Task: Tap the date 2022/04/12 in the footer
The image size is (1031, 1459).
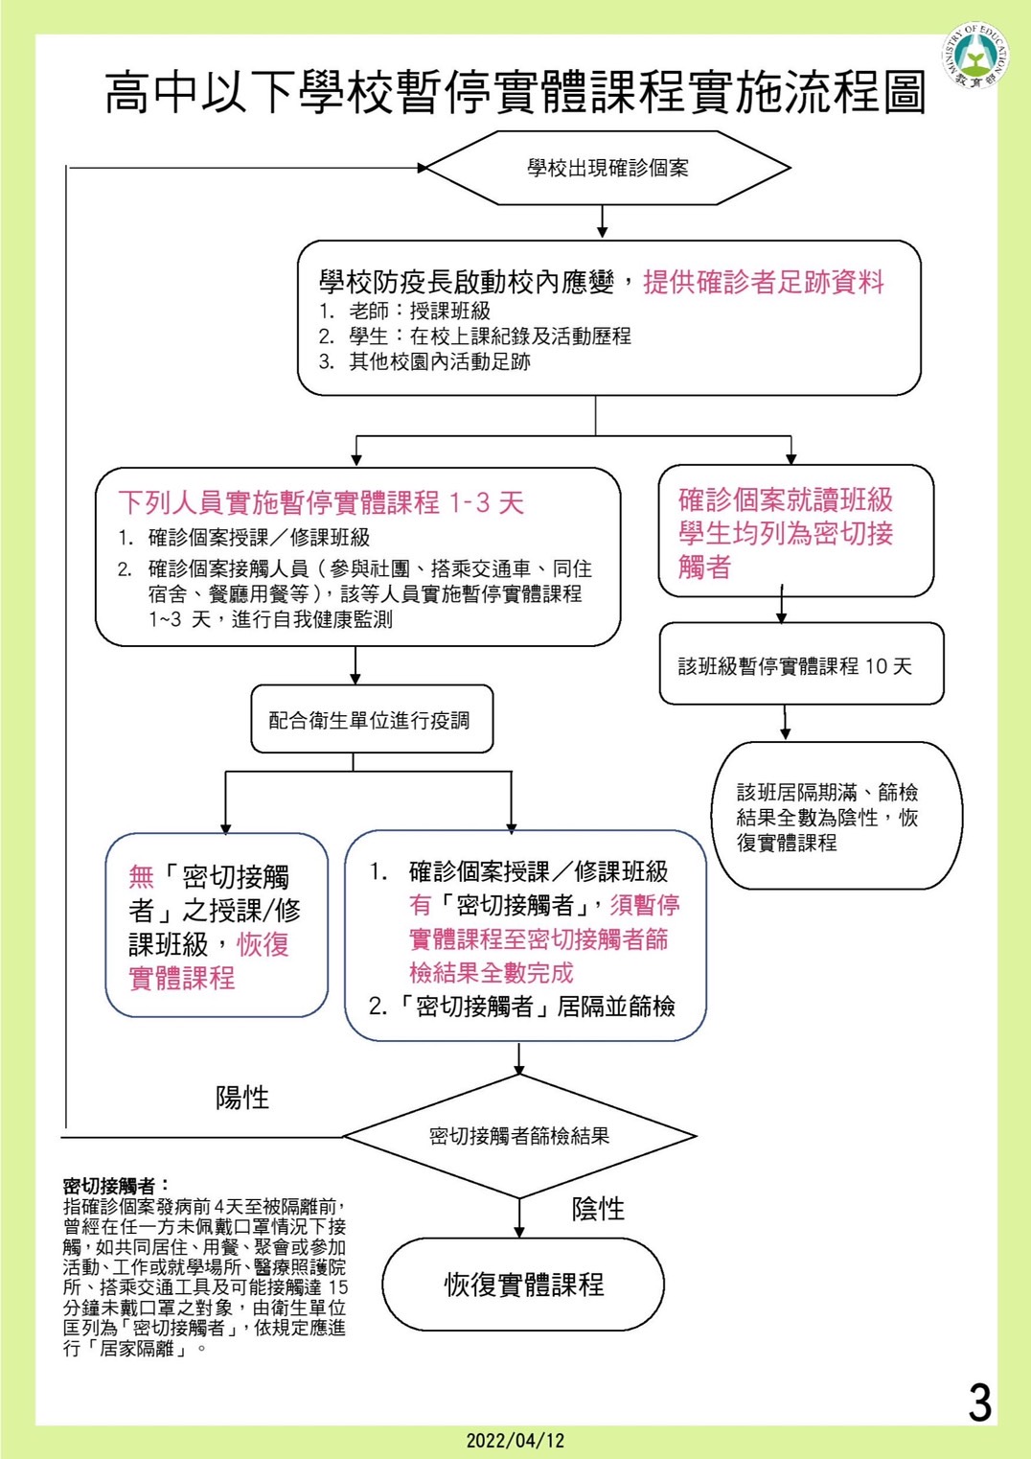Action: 515,1440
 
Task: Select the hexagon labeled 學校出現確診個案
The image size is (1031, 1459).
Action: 607,168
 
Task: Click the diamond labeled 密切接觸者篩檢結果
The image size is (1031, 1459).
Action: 519,1136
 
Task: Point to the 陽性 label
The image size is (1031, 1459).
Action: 242,1099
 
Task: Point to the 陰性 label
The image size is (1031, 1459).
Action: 598,1210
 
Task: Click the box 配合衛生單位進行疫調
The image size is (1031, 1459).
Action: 372,719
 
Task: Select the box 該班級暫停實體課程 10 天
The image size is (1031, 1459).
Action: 801,663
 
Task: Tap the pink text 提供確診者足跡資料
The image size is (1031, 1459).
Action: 764,283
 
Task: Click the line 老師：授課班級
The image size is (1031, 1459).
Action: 404,311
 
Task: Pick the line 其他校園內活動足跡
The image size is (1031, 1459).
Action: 424,362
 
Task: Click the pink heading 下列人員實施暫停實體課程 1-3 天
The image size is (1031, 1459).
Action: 321,503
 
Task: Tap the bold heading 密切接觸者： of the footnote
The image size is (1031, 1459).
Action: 117,1186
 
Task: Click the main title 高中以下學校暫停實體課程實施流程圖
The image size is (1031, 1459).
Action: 515,92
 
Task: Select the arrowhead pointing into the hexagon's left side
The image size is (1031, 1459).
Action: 423,168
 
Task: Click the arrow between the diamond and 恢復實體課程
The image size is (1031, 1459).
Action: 519,1217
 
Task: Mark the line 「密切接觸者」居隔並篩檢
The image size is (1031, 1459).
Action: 521,1007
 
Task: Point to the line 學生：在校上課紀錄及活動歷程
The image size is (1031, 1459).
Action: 475,336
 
